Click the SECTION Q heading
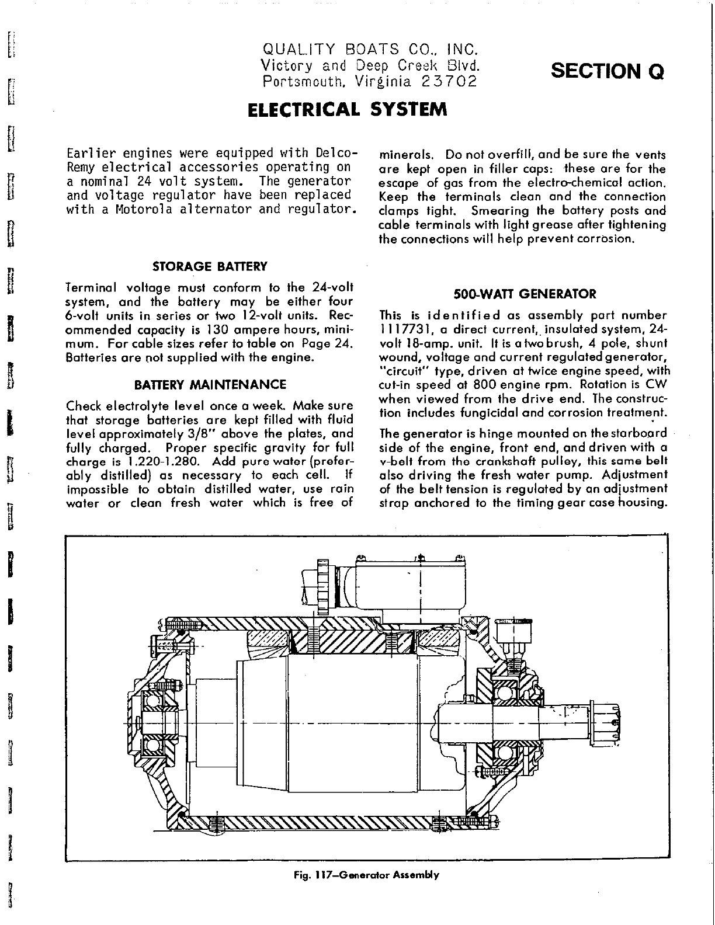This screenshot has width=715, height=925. pos(608,71)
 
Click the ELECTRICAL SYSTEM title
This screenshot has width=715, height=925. pos(347,110)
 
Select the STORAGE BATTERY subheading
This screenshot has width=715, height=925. pos(209,267)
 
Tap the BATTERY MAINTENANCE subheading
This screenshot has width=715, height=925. pos(210,385)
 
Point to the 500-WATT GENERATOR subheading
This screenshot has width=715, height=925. pos(525,294)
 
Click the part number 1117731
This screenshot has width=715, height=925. pos(401,329)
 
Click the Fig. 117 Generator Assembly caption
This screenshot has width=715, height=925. pos(366,875)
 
